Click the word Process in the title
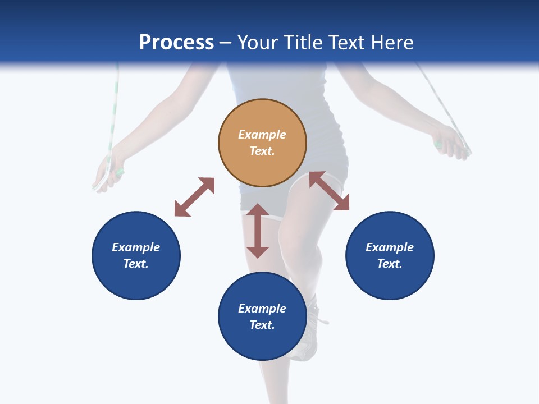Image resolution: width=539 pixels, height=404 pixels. [x=176, y=43]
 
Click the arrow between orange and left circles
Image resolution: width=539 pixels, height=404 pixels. [x=194, y=197]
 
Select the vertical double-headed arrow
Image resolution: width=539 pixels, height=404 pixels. [x=258, y=231]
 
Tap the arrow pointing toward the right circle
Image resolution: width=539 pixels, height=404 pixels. [x=329, y=191]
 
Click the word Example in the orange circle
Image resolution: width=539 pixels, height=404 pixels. [x=262, y=135]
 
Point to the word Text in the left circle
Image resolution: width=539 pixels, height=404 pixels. [x=136, y=264]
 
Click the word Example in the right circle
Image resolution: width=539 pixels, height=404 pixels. [x=390, y=247]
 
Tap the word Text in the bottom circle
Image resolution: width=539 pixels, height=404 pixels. [x=262, y=325]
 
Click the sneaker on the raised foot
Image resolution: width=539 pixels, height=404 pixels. [x=308, y=337]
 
